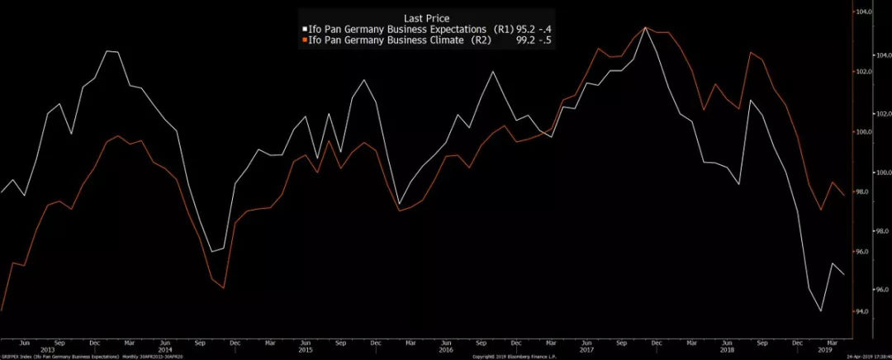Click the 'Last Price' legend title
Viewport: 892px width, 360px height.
426,17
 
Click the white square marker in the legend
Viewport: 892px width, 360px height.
306,28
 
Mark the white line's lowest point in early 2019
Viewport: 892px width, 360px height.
821,311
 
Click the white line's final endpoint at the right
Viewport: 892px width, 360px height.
844,275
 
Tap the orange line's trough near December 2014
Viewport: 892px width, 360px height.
224,288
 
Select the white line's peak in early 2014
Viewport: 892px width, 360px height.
108,51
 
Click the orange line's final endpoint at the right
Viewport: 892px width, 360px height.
844,195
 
